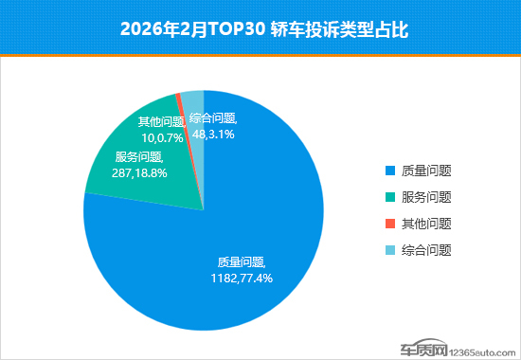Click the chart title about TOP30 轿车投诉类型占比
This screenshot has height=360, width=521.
pos(264,29)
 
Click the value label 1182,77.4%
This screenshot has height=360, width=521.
pos(242,279)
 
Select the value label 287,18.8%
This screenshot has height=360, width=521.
pos(139,173)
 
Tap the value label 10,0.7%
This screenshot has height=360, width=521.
pos(162,138)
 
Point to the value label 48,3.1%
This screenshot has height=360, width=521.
pos(213,135)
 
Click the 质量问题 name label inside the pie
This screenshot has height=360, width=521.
pos(242,262)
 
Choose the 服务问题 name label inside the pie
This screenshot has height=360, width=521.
pos(139,157)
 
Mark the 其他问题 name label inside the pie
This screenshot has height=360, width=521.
pos(162,122)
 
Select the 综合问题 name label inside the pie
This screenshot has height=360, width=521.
pos(213,118)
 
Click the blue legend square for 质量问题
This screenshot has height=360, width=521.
pos(390,171)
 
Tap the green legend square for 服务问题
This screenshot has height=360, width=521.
pos(390,197)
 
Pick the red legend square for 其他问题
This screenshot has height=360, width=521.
pos(390,224)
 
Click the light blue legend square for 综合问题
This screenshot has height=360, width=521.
pos(390,250)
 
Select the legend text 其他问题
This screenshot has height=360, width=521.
pos(426,224)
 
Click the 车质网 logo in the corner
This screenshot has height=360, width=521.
pos(423,349)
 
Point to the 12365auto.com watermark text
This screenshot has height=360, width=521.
pos(482,352)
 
